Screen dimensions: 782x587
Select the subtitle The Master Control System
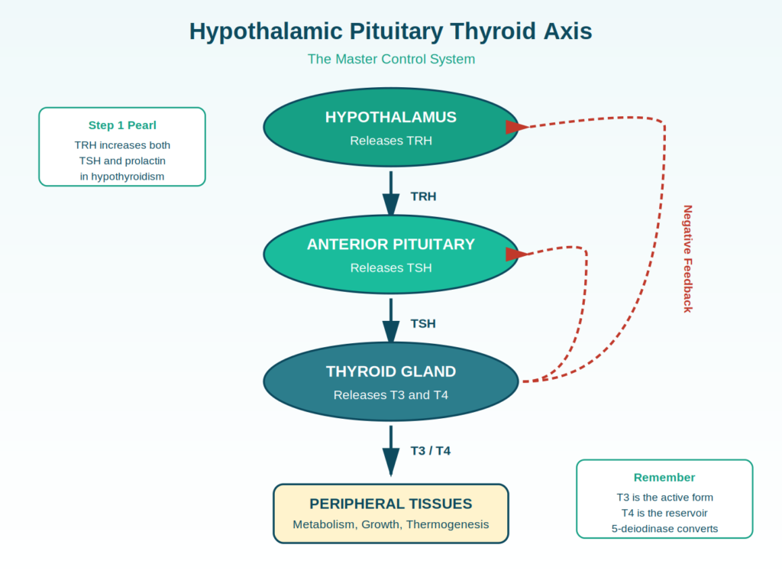391,60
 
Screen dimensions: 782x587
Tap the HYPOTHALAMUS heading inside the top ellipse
390,117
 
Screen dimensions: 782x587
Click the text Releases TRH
390,141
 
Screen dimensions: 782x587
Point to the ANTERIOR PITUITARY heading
390,245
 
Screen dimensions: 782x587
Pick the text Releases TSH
390,268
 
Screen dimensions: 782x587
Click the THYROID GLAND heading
390,372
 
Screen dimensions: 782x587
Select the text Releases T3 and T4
390,395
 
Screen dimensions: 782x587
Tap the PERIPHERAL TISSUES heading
390,504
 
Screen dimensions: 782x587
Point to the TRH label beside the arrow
423,196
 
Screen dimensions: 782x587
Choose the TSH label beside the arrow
423,324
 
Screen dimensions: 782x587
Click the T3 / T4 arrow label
431,451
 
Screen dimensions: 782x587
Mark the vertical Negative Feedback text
688,259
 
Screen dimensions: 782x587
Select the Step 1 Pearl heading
122,126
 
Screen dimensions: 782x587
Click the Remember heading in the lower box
664,478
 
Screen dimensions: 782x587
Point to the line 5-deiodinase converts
664,529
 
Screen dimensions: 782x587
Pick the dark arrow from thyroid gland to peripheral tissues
391,451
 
